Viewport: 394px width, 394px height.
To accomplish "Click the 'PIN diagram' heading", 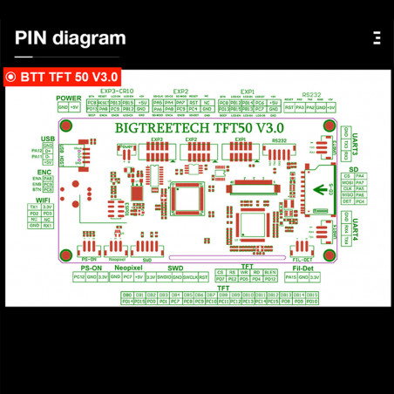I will pyautogui.click(x=70, y=38).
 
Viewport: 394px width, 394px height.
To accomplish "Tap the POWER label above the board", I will pyautogui.click(x=69, y=98).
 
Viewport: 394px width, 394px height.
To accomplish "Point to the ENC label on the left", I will pyautogui.click(x=47, y=173).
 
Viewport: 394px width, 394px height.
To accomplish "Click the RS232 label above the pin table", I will pyautogui.click(x=311, y=94).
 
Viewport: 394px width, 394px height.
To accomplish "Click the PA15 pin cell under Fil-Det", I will pyautogui.click(x=290, y=276).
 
